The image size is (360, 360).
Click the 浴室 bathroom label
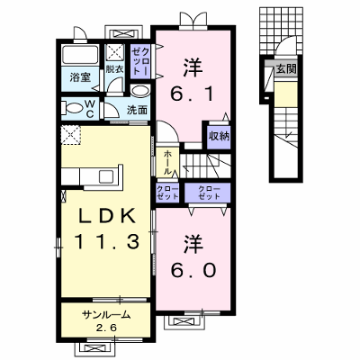(80, 78)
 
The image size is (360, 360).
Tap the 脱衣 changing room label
(114, 69)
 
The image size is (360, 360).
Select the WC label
(90, 109)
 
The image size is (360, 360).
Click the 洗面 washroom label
(137, 111)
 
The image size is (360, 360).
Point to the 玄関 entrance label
(286, 69)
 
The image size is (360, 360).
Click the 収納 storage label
(220, 137)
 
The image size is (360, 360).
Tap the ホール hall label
(167, 163)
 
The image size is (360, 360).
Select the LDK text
(106, 216)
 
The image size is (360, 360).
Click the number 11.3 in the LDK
(107, 242)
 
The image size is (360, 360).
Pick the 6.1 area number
(193, 94)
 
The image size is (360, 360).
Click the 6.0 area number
(193, 270)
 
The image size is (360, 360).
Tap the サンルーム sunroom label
(106, 315)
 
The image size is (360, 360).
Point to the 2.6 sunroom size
(106, 328)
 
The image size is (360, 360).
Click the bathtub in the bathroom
(80, 54)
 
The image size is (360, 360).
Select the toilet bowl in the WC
(74, 108)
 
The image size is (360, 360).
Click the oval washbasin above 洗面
(140, 91)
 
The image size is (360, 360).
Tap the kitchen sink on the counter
(106, 175)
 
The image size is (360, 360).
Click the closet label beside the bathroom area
(140, 62)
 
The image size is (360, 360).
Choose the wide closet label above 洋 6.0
(209, 193)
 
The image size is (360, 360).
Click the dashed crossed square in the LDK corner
(71, 135)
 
